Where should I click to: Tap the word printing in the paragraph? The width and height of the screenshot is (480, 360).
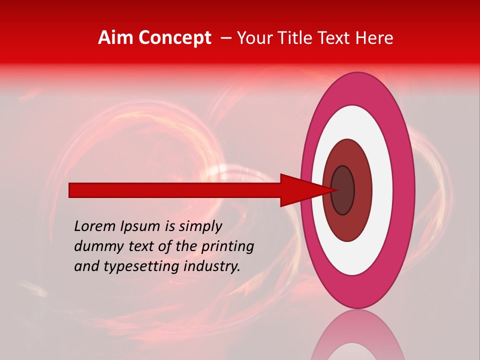pos(227,246)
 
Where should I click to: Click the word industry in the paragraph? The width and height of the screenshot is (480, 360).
pos(211,266)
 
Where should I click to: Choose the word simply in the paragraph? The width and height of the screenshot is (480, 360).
pos(200,226)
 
